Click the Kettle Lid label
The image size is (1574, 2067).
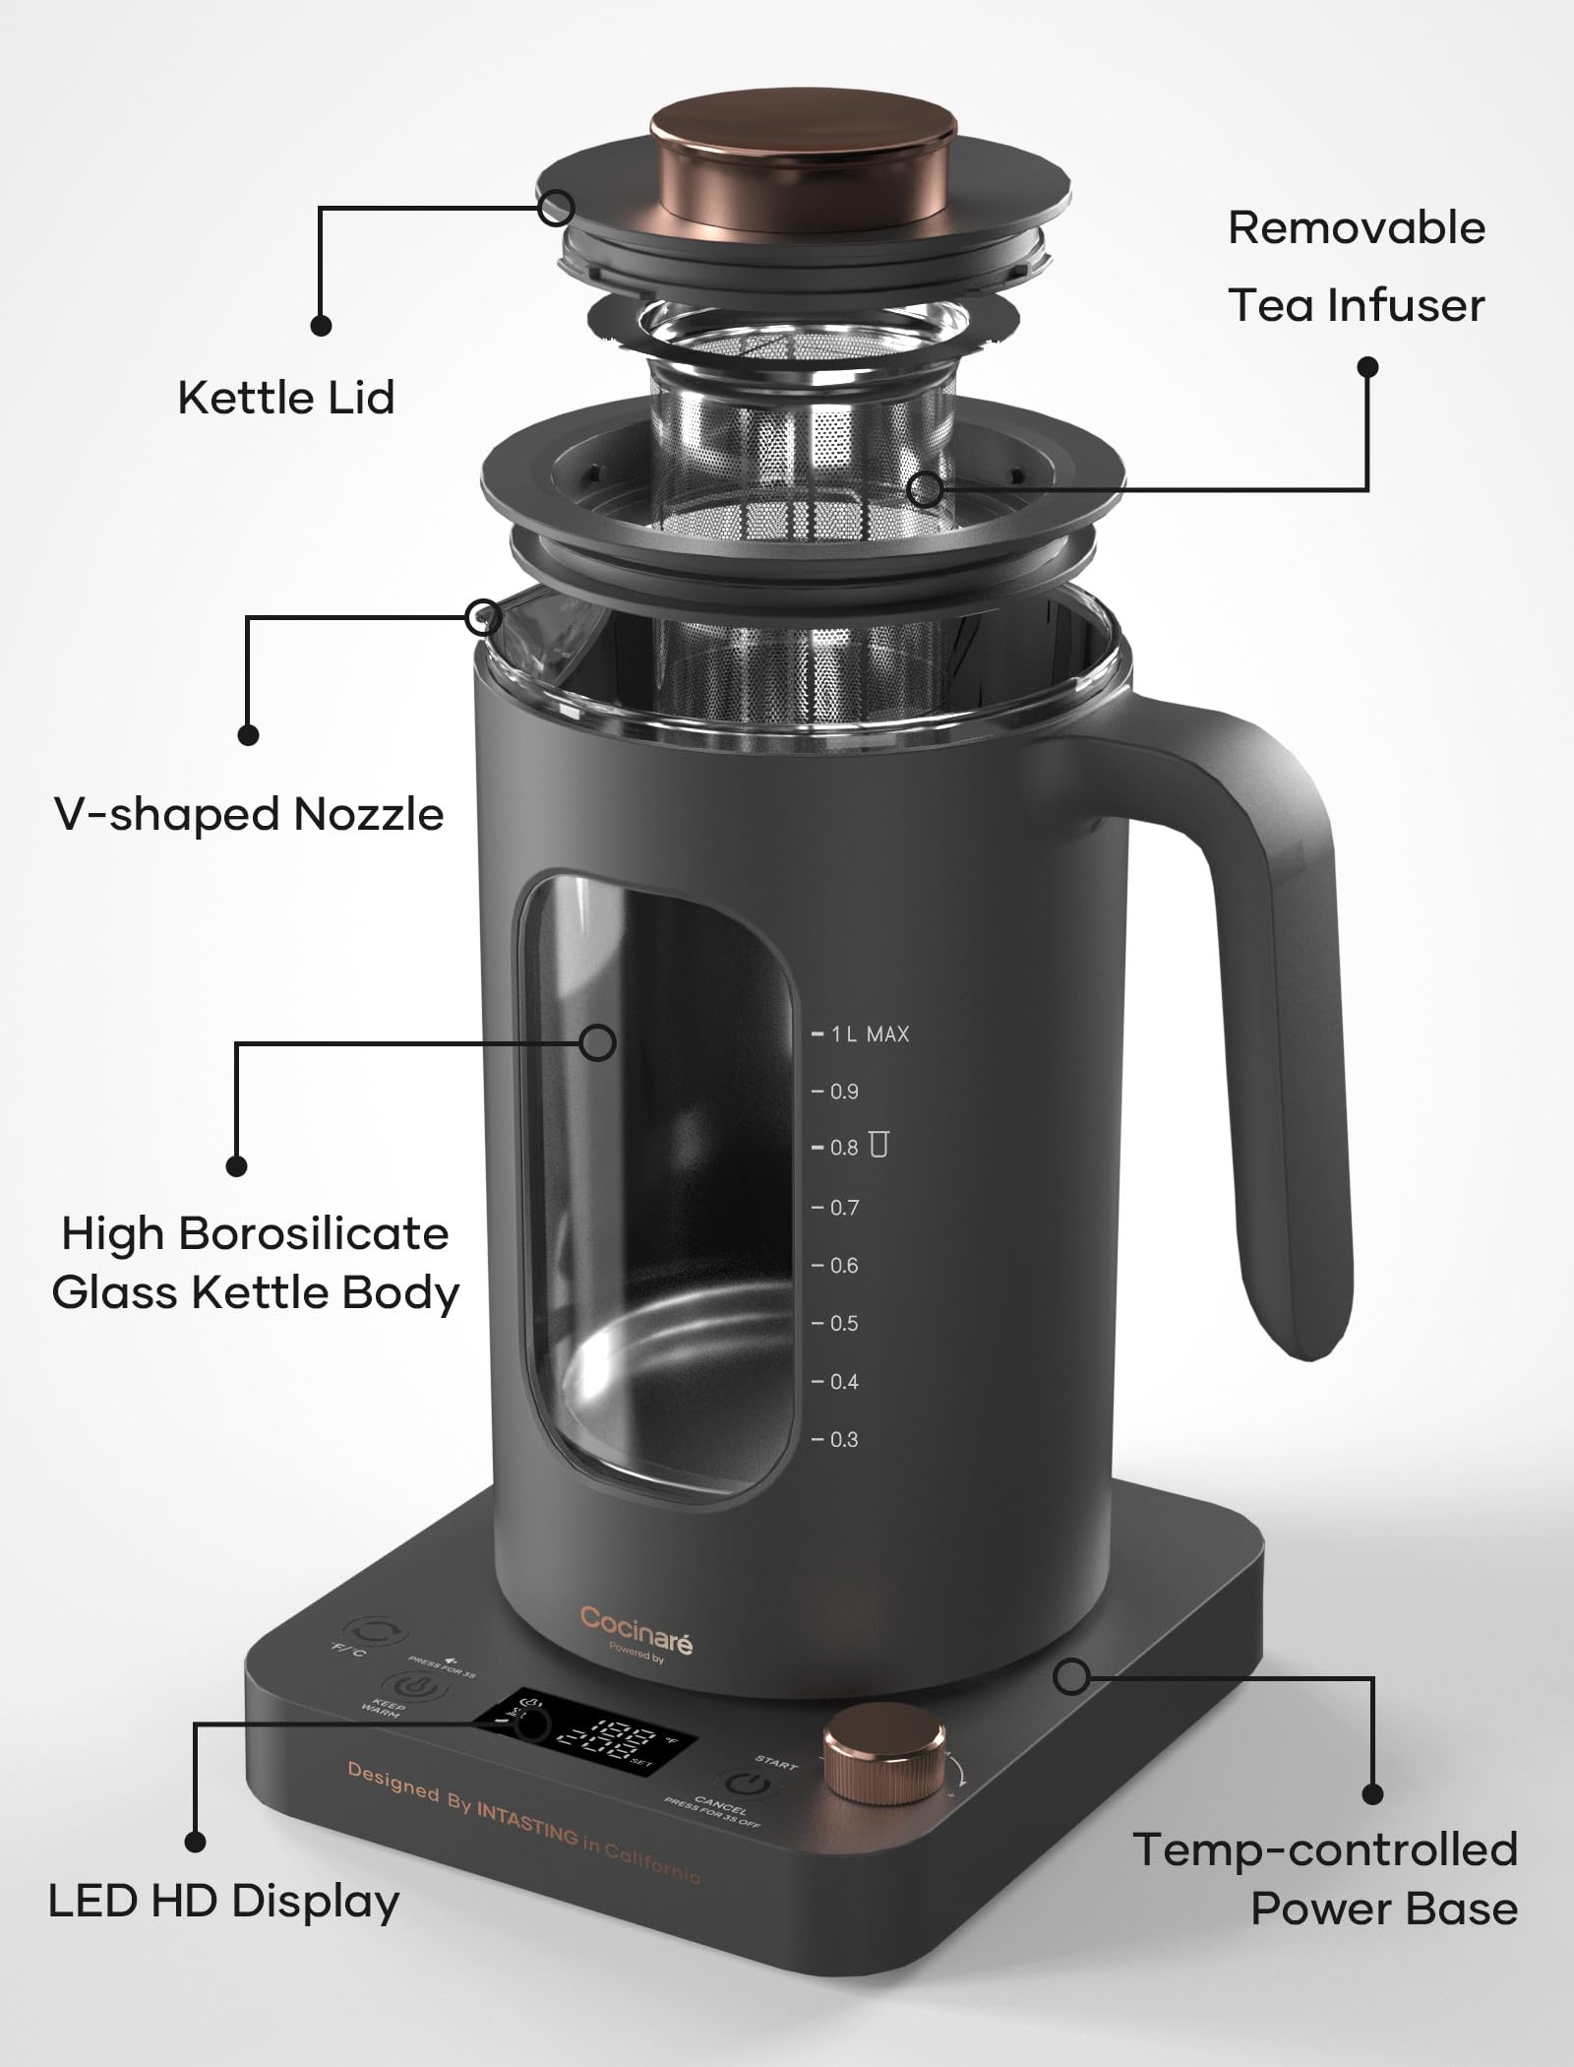point(286,398)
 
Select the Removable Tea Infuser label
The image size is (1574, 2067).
point(1356,267)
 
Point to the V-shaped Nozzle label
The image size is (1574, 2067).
point(250,814)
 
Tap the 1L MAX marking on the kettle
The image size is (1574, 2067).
point(870,1034)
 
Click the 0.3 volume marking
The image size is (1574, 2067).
point(843,1440)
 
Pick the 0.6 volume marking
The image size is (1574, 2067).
point(843,1266)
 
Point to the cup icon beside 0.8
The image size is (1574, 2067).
point(878,1145)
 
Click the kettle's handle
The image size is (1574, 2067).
point(1269,1033)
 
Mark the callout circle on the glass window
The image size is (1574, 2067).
point(597,1042)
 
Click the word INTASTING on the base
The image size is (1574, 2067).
point(527,1823)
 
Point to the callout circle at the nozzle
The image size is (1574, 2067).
point(482,617)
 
